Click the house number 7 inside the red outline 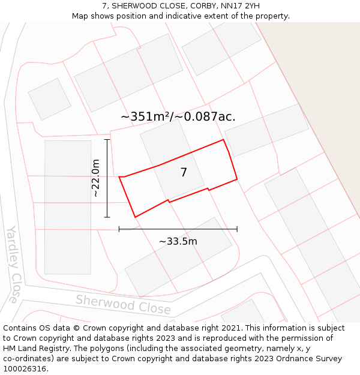point(184,173)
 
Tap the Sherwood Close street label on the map point(123,304)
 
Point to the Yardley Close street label point(13,264)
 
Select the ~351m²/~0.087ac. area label point(178,117)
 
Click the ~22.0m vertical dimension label point(95,178)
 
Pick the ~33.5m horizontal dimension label point(178,241)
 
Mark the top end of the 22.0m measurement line point(107,139)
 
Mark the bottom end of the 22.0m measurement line point(107,217)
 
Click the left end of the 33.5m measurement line point(119,229)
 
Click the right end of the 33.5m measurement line point(237,229)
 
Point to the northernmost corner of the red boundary point(224,140)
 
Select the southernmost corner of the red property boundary point(135,217)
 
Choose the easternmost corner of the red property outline point(237,179)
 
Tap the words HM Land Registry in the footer point(31,348)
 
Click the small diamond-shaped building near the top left point(50,99)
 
